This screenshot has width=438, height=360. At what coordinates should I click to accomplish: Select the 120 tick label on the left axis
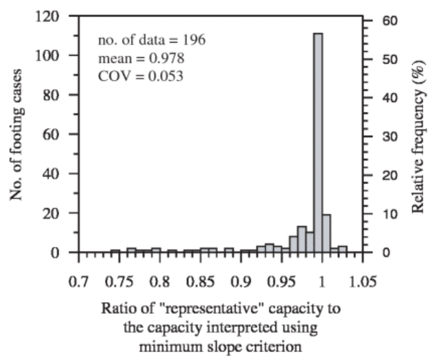(57, 16)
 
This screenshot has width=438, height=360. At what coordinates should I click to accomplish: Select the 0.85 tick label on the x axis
(200, 282)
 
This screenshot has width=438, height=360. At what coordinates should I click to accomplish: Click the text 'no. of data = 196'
(151, 39)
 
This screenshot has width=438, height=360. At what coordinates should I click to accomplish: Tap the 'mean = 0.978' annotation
(140, 58)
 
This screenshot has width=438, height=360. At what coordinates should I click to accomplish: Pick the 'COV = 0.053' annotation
(140, 76)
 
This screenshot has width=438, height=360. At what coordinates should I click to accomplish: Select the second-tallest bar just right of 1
(326, 233)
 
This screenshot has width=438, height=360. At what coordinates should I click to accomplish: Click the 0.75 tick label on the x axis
(119, 282)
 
